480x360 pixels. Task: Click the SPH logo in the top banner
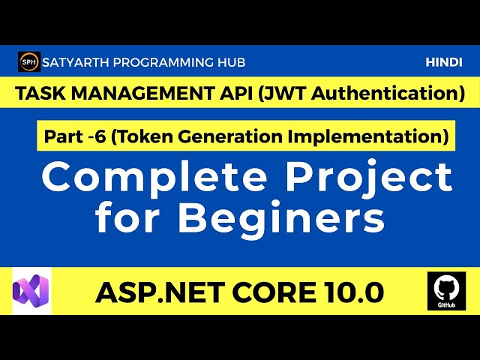click(x=28, y=63)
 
